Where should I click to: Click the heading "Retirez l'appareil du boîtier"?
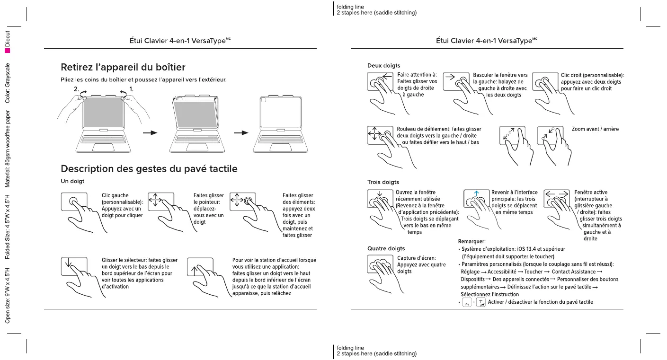123,67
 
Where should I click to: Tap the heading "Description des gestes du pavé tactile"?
149,169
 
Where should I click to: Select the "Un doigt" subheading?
72,181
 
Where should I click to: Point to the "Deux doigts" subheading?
384,65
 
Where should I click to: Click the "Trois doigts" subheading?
383,182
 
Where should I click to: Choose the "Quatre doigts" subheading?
386,248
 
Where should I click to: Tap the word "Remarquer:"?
472,242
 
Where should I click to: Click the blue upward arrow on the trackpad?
477,193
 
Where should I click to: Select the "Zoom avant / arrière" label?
595,129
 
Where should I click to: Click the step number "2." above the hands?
76,89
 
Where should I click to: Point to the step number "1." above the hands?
132,89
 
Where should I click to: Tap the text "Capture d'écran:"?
417,258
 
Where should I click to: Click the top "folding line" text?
350,7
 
